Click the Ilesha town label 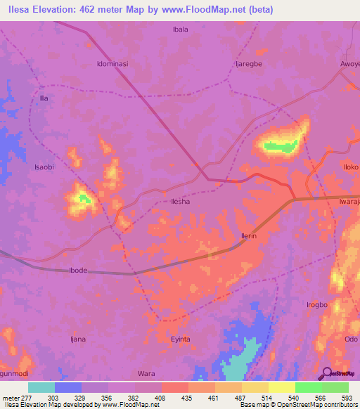coord(181,201)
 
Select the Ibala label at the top coord(181,29)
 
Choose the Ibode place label coord(78,271)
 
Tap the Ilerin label coord(248,237)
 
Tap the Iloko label coord(350,167)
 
